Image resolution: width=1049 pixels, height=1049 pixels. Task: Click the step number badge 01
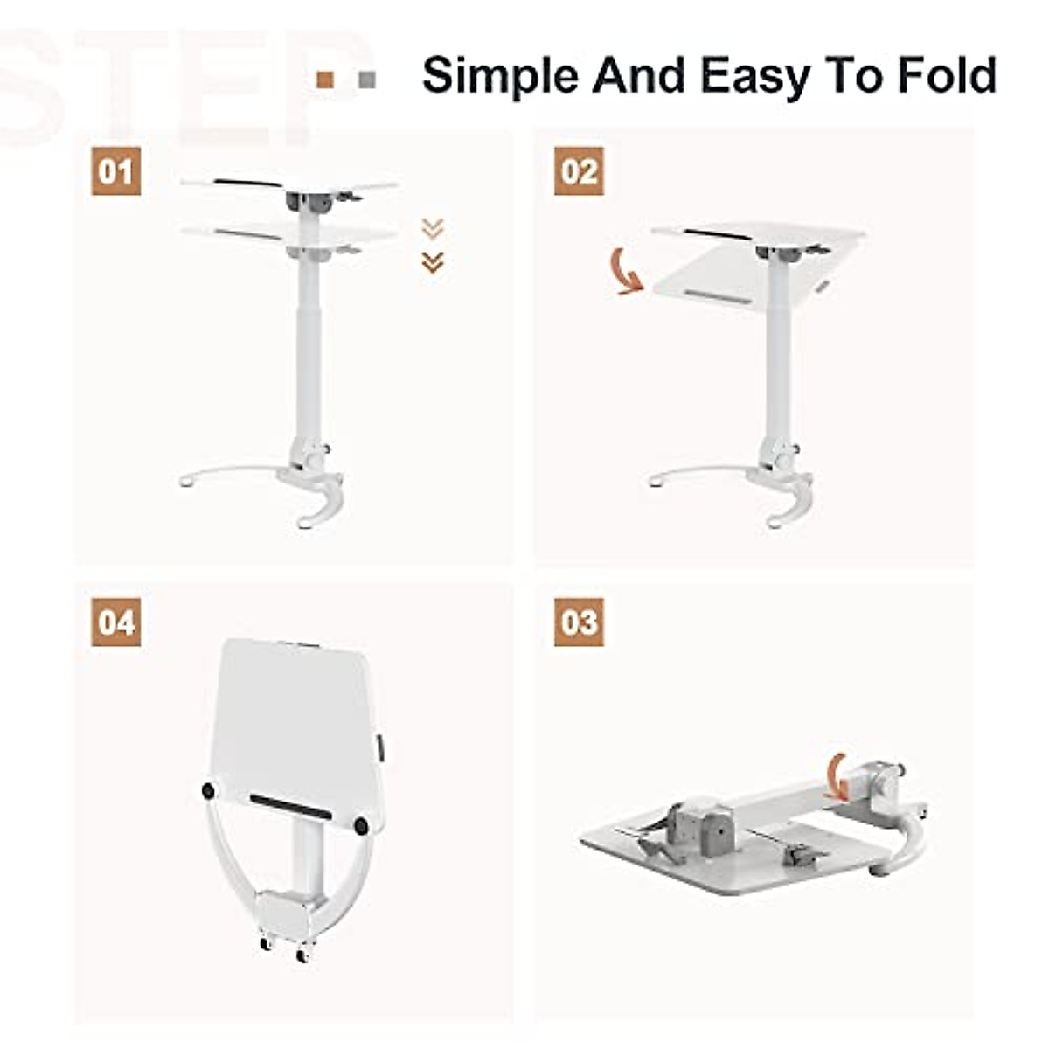coord(116,170)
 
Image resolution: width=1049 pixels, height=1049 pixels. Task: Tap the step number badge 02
coord(579,170)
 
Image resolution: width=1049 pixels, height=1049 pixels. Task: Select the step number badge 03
coord(579,622)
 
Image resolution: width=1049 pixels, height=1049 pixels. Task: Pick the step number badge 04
coord(116,622)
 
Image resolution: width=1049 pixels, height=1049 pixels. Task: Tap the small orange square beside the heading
coord(325,80)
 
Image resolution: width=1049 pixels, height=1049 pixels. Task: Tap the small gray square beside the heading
coord(367,80)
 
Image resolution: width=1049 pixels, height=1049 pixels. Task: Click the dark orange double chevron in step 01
coord(433,261)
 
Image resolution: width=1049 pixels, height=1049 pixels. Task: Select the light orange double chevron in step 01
coord(433,228)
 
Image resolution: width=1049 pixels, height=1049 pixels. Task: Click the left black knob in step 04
coord(209,790)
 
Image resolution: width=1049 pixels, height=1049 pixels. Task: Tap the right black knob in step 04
coord(361,824)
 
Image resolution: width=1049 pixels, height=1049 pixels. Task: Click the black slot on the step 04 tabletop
coord(290,806)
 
